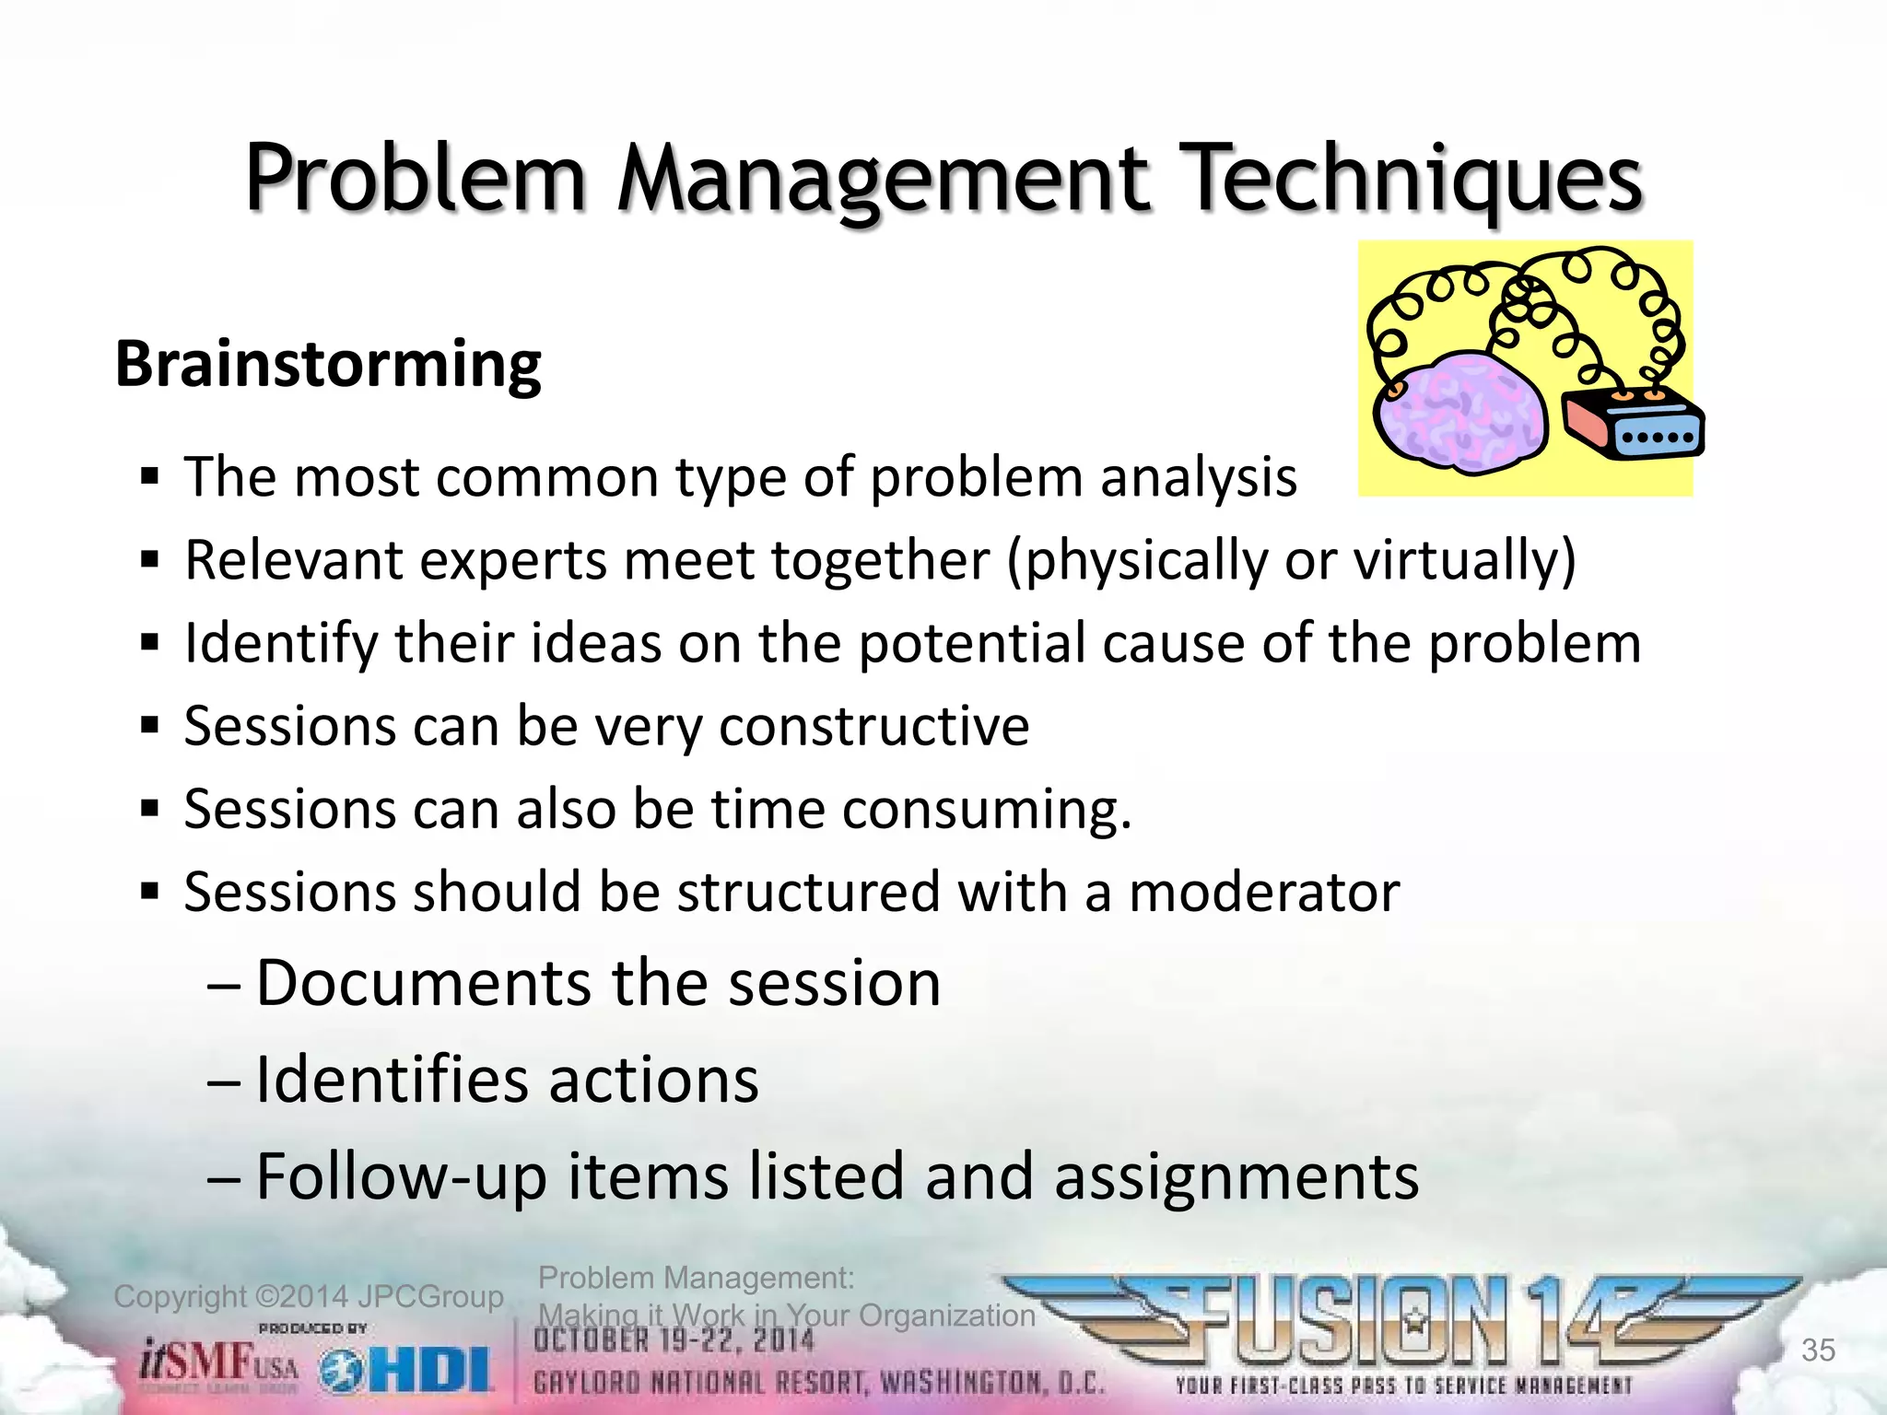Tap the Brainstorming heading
point(328,365)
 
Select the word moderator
point(1263,893)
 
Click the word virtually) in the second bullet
point(1464,560)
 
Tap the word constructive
point(873,727)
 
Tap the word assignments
point(1236,1177)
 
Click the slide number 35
point(1818,1350)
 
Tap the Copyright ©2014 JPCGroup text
point(309,1297)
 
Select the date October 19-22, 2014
point(674,1341)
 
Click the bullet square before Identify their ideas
point(150,642)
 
